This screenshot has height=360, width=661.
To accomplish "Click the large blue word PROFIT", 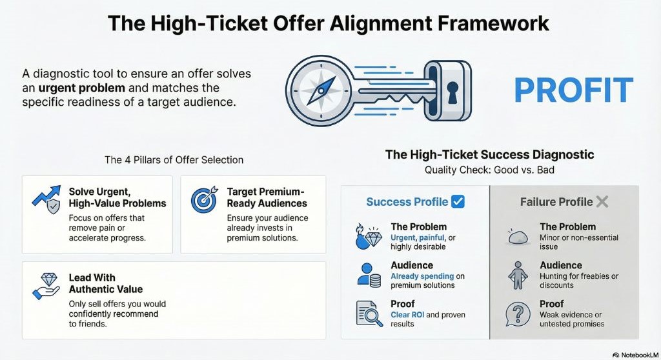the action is click(x=574, y=90).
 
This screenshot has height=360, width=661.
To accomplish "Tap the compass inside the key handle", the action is click(x=321, y=90).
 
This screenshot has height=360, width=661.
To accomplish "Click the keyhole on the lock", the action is click(x=453, y=92).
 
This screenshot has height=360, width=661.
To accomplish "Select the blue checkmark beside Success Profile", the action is click(x=458, y=201).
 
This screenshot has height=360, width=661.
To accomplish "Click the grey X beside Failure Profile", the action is click(x=602, y=202).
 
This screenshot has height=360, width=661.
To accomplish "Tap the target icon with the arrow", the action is click(x=205, y=199).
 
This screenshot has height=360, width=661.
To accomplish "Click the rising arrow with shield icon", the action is click(x=46, y=199).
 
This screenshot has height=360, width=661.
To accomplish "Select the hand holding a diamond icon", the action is click(x=46, y=286).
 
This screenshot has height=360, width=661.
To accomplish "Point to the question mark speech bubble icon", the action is click(x=518, y=314).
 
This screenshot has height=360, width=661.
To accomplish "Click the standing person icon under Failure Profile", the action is click(x=518, y=275).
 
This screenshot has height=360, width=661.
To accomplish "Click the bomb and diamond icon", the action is click(x=369, y=237).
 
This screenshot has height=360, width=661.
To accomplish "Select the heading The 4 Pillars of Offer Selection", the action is click(x=174, y=160).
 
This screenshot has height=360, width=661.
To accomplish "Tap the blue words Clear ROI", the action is click(x=407, y=314).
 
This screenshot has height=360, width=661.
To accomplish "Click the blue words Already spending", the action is click(x=422, y=276).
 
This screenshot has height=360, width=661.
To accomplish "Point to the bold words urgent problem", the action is click(x=82, y=88).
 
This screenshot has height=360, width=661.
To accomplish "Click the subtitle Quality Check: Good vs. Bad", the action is click(x=489, y=170).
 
